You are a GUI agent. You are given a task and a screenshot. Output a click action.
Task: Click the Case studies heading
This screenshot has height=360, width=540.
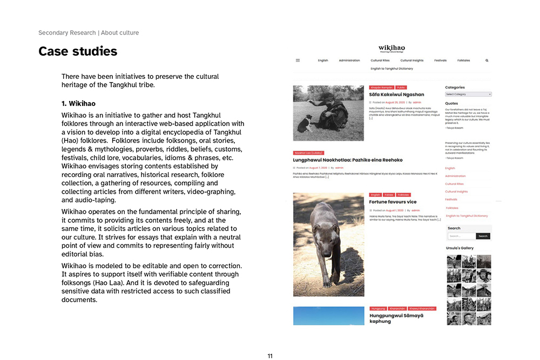[78, 52]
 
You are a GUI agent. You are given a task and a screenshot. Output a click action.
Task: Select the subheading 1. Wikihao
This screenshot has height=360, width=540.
[78, 103]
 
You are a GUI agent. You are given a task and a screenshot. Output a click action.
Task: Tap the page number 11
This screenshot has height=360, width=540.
[270, 356]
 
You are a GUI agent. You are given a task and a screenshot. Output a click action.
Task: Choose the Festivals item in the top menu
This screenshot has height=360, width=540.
[440, 60]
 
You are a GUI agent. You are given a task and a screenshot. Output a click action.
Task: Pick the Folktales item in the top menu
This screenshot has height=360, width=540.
[463, 60]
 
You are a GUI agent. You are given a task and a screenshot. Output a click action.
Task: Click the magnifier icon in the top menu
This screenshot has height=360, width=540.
[487, 60]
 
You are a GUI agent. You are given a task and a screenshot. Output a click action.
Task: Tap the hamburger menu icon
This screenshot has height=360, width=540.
[298, 60]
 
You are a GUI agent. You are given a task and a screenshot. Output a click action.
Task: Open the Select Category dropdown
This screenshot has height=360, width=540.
[468, 94]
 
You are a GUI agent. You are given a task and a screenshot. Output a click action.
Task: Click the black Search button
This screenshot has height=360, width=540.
[483, 236]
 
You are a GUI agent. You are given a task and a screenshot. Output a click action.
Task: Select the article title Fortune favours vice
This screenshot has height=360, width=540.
[393, 202]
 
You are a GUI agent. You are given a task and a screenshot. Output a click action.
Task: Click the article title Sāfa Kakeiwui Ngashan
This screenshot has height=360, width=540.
[396, 94]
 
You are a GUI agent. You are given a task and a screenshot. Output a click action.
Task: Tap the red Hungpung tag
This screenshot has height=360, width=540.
[378, 308]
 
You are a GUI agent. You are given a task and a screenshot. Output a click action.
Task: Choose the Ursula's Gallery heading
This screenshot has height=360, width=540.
[460, 248]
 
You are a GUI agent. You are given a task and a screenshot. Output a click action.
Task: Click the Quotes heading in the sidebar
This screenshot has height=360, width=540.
[451, 103]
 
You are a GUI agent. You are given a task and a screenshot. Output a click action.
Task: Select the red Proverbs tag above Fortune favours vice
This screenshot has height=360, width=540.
[389, 195]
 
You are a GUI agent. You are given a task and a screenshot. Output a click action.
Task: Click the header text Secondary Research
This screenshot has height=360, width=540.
[67, 33]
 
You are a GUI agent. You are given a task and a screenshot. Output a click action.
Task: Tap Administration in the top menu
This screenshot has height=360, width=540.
[349, 60]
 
